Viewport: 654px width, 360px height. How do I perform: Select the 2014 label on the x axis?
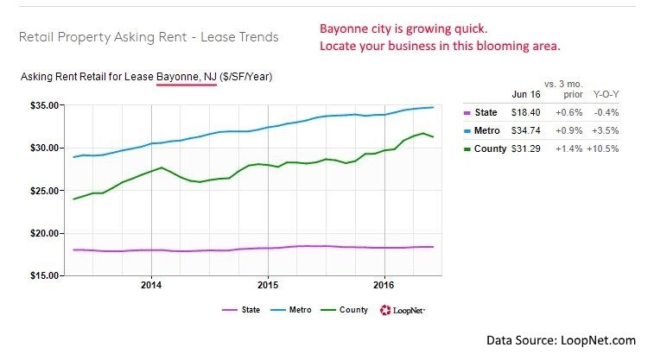point(151,284)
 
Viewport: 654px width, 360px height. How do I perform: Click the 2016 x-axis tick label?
point(384,284)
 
